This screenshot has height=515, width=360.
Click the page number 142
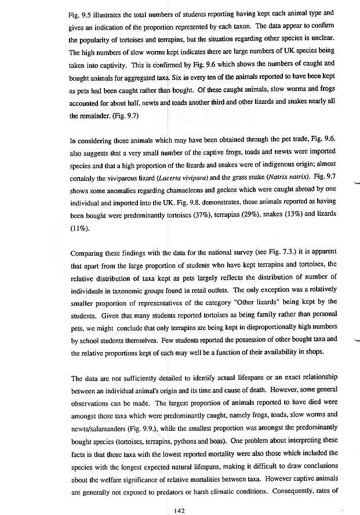pos(179,494)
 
